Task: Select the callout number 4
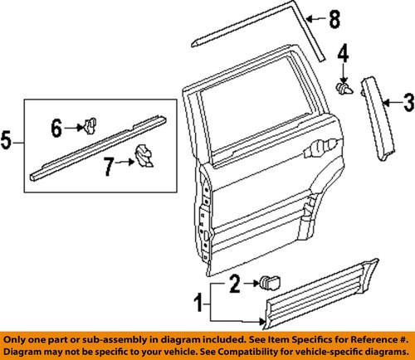click(x=342, y=57)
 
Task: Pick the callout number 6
click(x=56, y=127)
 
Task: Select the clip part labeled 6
click(x=87, y=126)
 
